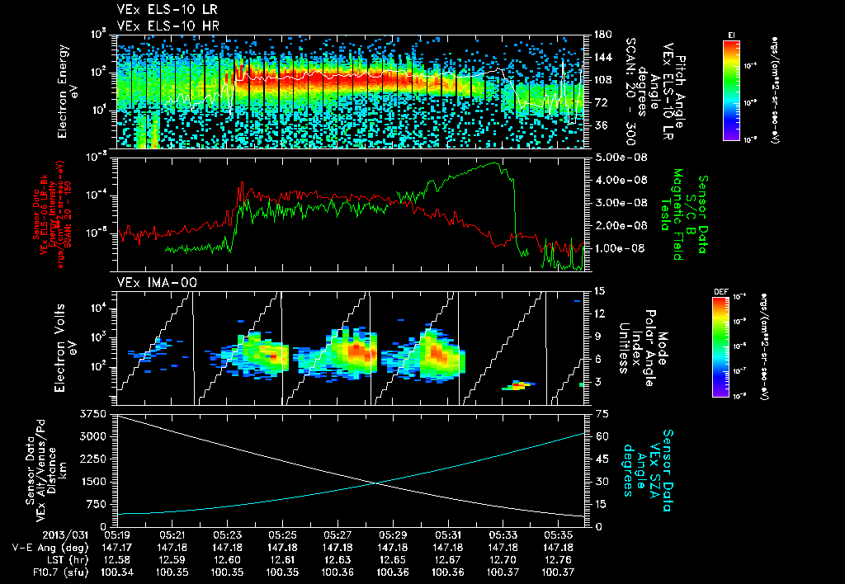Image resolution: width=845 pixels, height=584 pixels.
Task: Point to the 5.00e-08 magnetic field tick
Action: [611, 157]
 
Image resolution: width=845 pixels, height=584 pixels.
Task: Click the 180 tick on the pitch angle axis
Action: [602, 35]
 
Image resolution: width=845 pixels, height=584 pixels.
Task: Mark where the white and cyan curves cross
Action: [376, 483]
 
